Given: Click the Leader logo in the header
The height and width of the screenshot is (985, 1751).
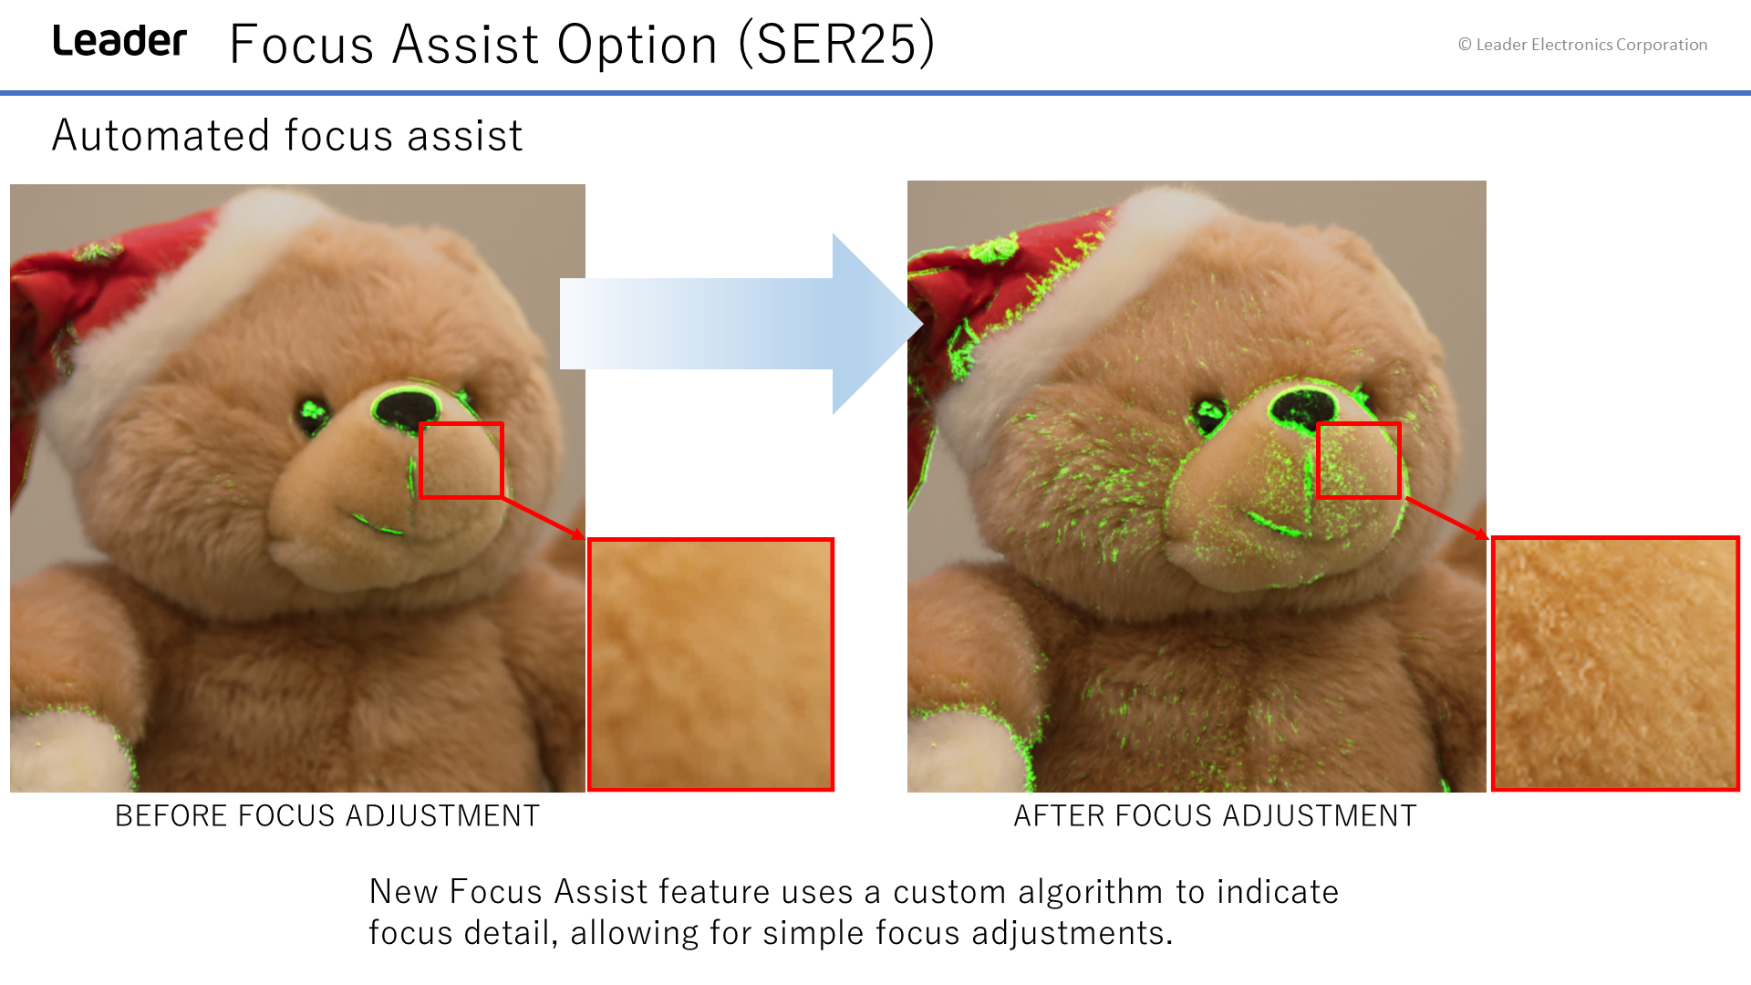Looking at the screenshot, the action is point(119,41).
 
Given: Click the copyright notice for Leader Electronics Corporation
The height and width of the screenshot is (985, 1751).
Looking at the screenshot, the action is point(1582,45).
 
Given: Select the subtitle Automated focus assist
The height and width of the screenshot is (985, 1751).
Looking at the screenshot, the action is point(287,136).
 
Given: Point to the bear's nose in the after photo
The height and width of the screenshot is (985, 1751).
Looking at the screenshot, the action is point(1303,407).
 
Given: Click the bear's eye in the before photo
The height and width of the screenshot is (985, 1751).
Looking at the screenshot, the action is point(313,412).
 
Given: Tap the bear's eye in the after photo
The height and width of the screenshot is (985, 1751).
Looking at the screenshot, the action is point(1209,412).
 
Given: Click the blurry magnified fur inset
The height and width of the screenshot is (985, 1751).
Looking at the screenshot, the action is point(710,664).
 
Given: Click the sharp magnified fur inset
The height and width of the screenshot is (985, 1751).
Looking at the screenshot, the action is point(1615,663).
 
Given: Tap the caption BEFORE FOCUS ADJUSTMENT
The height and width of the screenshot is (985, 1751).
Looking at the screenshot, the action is point(327,815).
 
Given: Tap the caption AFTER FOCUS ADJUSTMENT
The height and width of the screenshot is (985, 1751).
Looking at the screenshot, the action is point(1216,815).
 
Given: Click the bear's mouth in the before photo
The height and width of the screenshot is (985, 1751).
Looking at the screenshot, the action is point(379,524).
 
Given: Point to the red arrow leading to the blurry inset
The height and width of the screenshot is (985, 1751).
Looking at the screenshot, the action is point(544,519).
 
